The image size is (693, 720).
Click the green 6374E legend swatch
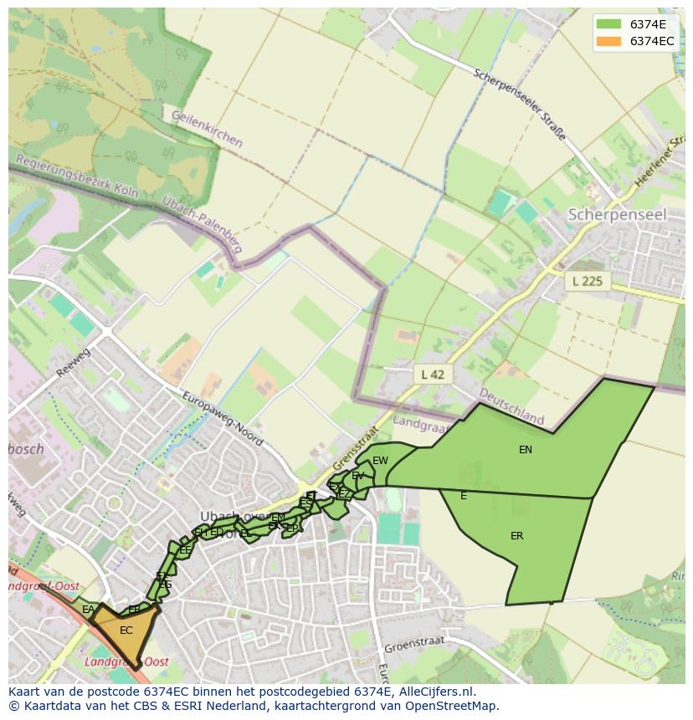click(608, 24)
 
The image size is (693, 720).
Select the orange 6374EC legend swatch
click(608, 41)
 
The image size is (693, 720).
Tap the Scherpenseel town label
click(617, 215)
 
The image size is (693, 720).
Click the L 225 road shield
click(588, 281)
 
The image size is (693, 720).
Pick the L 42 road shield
click(432, 374)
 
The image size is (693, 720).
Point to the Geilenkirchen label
click(207, 129)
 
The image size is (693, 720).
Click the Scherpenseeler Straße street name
click(519, 105)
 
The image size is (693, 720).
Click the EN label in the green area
click(526, 450)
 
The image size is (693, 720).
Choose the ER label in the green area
click(517, 536)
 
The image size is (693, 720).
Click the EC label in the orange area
click(126, 631)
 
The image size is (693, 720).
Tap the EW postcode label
click(380, 461)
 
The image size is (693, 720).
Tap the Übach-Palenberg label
click(203, 228)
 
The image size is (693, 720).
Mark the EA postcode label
click(88, 610)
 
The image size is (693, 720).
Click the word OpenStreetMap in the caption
click(450, 706)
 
